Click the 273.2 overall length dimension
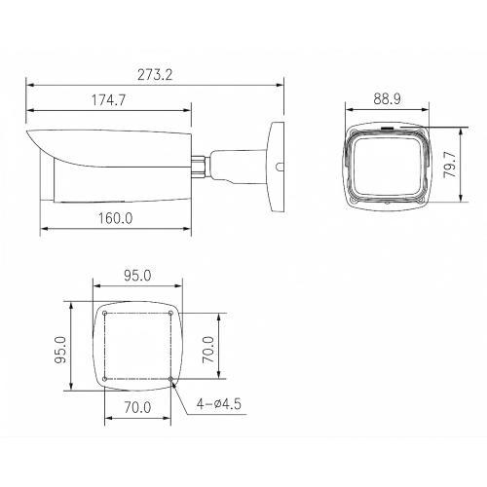point(156,74)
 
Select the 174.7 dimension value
point(110,101)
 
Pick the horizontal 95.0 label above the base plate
point(137,276)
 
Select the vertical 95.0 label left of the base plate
point(59,346)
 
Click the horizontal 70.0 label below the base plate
point(137,408)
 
